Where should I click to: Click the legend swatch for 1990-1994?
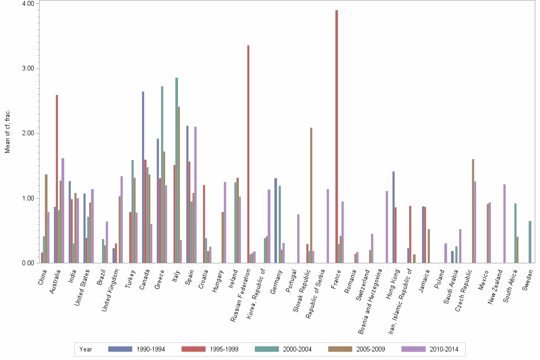point(120,349)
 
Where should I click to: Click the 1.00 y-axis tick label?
point(28,198)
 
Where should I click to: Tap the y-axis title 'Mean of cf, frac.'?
point(7,131)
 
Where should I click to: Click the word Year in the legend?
point(86,349)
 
